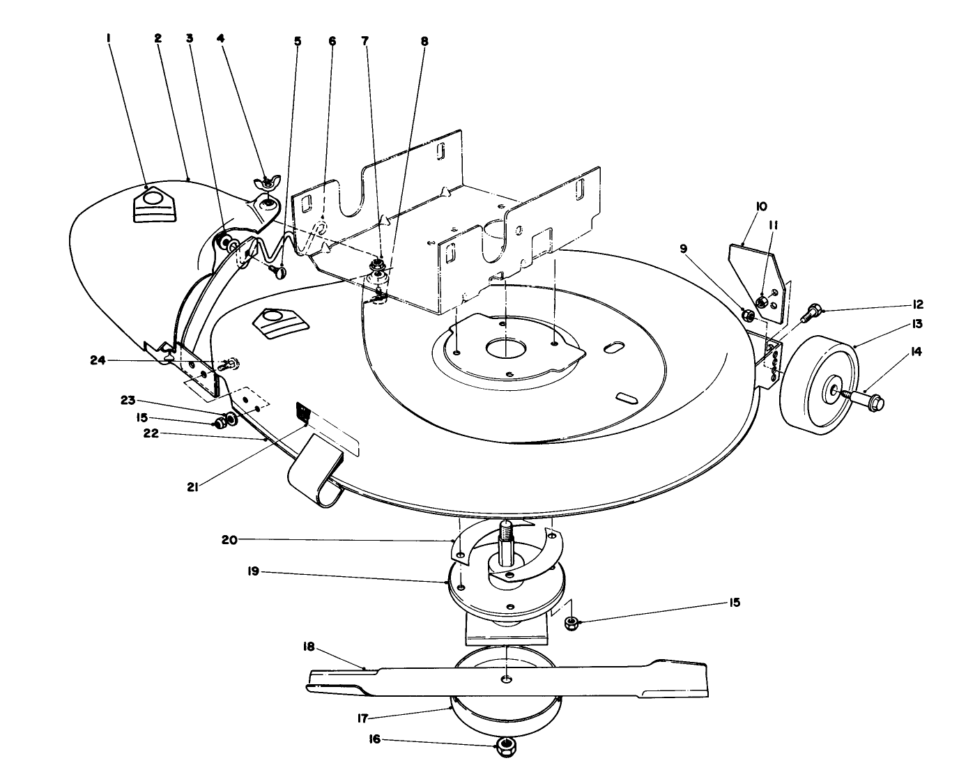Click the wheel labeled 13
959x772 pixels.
click(815, 387)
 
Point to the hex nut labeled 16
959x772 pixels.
click(502, 750)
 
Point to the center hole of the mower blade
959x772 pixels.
click(507, 678)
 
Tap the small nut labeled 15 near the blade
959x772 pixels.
click(570, 622)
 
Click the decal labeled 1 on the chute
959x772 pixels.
click(153, 206)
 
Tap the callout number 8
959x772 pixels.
click(424, 41)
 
